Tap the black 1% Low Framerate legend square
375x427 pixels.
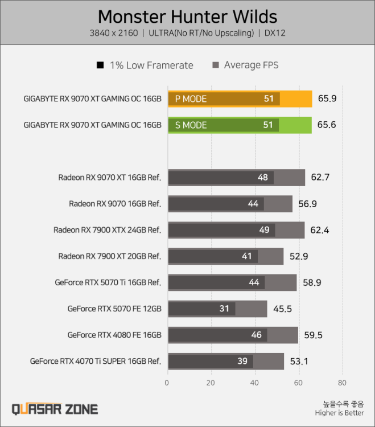[100, 65]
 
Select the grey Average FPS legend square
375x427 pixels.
[216, 65]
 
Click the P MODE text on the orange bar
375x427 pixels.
[191, 99]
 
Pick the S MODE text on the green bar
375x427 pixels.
[191, 125]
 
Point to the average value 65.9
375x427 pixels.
[327, 98]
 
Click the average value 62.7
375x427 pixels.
[320, 177]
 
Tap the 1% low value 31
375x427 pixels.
[224, 309]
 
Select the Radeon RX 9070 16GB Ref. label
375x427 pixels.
[115, 204]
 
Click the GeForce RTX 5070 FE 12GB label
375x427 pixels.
[114, 309]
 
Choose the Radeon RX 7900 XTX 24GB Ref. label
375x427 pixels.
[108, 230]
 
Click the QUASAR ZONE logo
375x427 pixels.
[55, 409]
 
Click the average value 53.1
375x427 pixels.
[299, 361]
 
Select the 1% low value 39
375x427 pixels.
[242, 361]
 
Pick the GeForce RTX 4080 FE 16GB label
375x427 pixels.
[114, 335]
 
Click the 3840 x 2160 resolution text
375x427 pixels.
[113, 33]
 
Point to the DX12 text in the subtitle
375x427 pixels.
[275, 33]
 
